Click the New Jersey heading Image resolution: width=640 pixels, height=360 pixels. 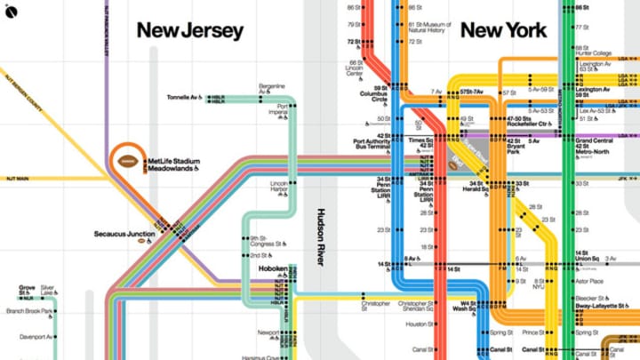(x=189, y=31)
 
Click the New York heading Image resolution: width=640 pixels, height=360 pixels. (x=503, y=31)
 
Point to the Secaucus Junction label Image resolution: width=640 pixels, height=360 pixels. (x=124, y=235)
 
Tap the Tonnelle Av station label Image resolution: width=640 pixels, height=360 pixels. (x=185, y=97)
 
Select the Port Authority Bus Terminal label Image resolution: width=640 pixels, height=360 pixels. (x=372, y=144)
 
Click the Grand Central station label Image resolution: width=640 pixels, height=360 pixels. (x=596, y=144)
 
